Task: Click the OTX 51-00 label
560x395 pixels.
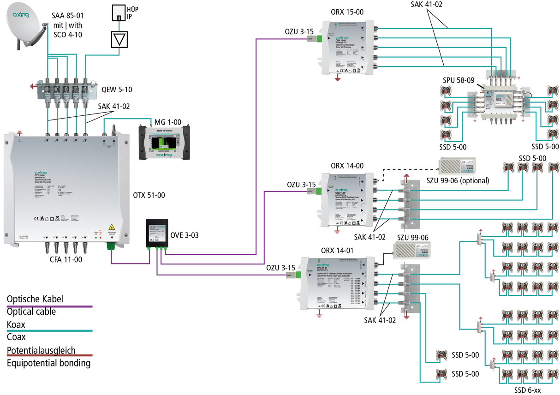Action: pyautogui.click(x=149, y=195)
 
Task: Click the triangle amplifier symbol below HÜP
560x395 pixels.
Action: pyautogui.click(x=119, y=40)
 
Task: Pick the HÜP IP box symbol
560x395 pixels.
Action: pyautogui.click(x=119, y=13)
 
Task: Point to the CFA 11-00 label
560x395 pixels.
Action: pyautogui.click(x=66, y=259)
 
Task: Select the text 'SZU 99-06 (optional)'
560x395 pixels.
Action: pyautogui.click(x=458, y=180)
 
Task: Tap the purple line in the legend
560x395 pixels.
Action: pyautogui.click(x=49, y=306)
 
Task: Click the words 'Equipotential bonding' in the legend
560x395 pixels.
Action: pyautogui.click(x=48, y=363)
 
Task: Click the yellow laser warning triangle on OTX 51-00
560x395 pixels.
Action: pyautogui.click(x=111, y=227)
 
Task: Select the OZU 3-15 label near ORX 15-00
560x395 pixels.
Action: pyautogui.click(x=300, y=31)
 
